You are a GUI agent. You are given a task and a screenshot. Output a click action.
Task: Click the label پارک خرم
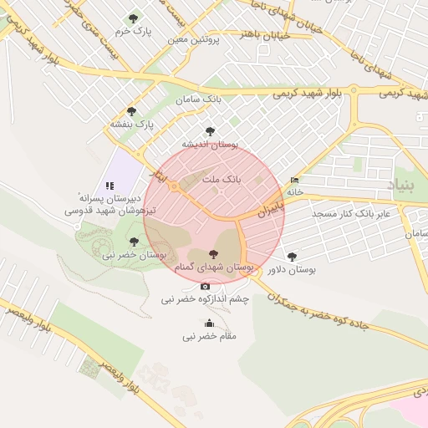click(x=136, y=31)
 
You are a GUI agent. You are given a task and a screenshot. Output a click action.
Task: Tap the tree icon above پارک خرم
click(x=133, y=18)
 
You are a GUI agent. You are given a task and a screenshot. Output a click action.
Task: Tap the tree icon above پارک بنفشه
click(x=130, y=111)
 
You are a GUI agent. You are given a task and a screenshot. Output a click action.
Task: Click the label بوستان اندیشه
click(x=211, y=144)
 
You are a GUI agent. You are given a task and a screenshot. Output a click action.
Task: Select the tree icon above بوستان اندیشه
click(x=209, y=131)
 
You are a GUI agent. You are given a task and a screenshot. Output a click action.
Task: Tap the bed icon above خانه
click(x=293, y=180)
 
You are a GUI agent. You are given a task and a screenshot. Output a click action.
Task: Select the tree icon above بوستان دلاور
click(x=291, y=257)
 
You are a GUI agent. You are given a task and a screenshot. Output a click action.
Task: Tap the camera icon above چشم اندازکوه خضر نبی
click(x=206, y=287)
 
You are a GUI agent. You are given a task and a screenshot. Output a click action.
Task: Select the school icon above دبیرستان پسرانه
click(x=108, y=186)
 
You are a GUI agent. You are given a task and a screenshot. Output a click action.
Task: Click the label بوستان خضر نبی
click(x=135, y=254)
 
